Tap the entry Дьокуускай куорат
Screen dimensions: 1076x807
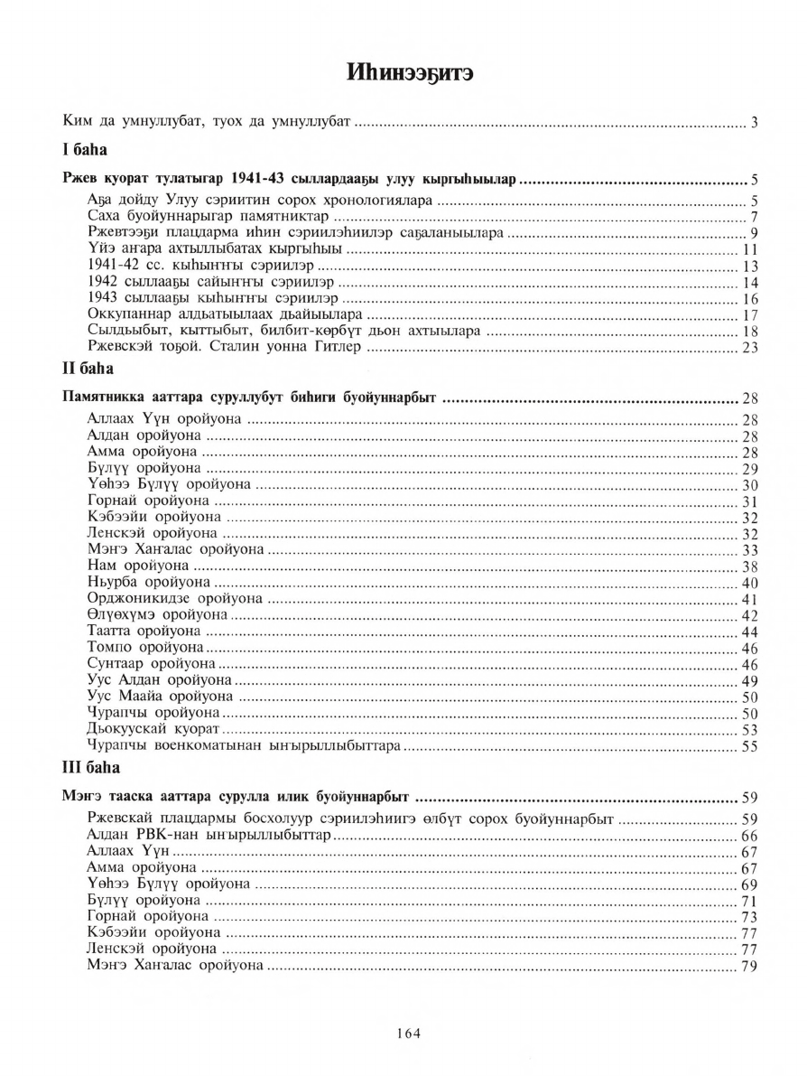[153, 728]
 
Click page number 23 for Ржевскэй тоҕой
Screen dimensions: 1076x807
[748, 349]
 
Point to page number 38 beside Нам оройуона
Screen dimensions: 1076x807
[748, 566]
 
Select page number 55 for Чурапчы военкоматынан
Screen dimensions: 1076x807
[748, 745]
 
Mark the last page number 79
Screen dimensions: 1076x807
[748, 966]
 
